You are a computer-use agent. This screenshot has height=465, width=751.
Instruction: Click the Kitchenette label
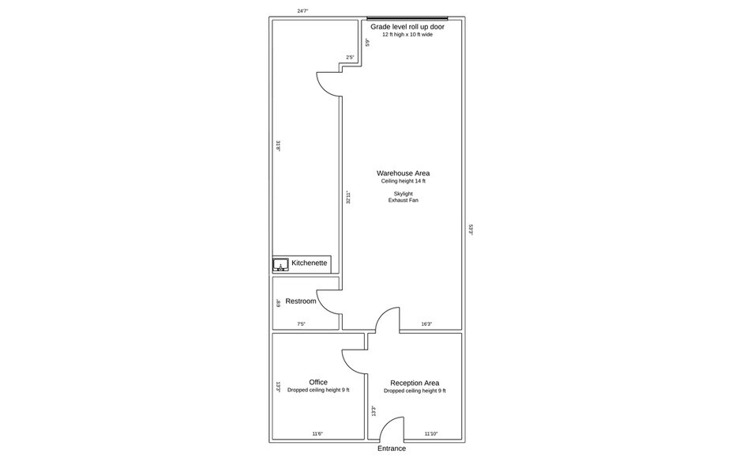pos(309,263)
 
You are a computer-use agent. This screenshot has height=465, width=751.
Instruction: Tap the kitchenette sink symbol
pos(280,265)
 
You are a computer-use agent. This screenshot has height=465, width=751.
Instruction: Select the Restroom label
pos(301,301)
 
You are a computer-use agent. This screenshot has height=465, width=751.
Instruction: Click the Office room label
pos(318,383)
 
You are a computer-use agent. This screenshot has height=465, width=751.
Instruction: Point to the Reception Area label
pos(415,383)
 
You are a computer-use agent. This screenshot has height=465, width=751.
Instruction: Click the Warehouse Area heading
pos(403,173)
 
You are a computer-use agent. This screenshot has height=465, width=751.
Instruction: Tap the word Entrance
pos(392,448)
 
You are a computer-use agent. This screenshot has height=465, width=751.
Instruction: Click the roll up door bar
pos(407,19)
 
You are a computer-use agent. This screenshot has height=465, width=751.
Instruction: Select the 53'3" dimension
pos(471,229)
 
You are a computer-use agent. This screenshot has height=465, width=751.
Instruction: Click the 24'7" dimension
pos(302,10)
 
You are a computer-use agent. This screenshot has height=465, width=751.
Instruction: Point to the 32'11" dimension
pos(349,198)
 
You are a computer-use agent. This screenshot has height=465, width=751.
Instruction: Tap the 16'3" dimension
pos(426,324)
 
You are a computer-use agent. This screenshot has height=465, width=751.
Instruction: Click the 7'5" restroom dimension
pos(301,324)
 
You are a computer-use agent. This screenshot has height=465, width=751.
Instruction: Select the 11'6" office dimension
pos(317,434)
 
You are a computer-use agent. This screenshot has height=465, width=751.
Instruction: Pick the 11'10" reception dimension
pos(431,434)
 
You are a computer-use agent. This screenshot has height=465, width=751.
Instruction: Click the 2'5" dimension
pos(350,58)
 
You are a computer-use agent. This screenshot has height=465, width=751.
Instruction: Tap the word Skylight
pos(404,194)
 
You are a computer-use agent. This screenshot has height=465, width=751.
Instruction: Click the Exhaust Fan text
pos(404,200)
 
